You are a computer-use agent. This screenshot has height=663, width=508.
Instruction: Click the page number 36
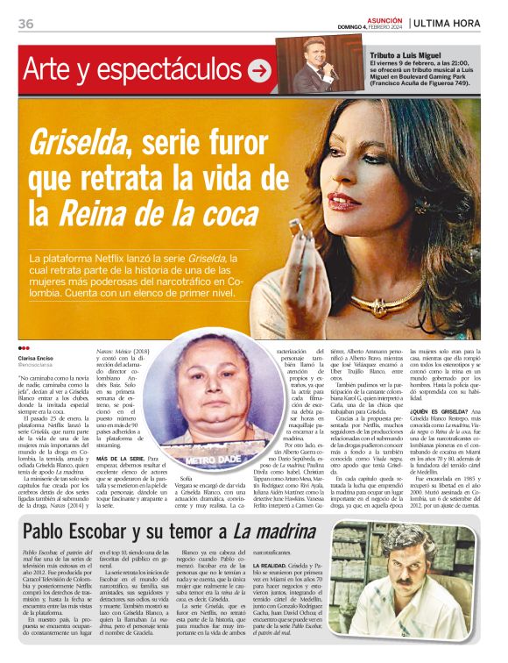[25, 24]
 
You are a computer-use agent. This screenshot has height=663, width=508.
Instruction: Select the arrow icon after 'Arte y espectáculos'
[258, 70]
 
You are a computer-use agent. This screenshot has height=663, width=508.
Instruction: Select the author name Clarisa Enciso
[39, 358]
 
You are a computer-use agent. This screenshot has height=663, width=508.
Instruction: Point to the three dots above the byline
[23, 349]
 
